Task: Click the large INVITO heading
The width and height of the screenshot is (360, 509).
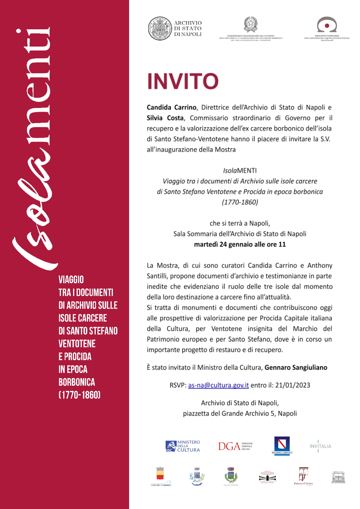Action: [183, 81]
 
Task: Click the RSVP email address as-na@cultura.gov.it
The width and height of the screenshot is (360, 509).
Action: [218, 385]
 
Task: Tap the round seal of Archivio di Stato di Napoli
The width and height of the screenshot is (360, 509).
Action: [160, 28]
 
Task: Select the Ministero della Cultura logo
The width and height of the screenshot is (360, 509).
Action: [183, 446]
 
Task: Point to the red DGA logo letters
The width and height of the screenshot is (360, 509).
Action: [229, 446]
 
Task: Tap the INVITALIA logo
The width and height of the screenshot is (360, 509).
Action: [320, 446]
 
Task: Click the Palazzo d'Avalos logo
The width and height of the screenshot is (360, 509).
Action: [303, 475]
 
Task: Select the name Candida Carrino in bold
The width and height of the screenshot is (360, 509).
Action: [171, 107]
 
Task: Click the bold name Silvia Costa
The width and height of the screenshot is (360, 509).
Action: [165, 118]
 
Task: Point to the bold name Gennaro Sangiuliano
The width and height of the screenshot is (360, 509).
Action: [296, 367]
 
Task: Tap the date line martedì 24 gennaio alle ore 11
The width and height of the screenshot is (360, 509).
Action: [240, 244]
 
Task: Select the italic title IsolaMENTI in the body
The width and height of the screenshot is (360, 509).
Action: [240, 171]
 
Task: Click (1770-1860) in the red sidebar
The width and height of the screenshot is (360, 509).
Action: [79, 395]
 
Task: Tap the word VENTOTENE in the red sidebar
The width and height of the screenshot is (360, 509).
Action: [77, 344]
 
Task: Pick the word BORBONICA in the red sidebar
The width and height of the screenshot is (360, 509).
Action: [77, 382]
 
